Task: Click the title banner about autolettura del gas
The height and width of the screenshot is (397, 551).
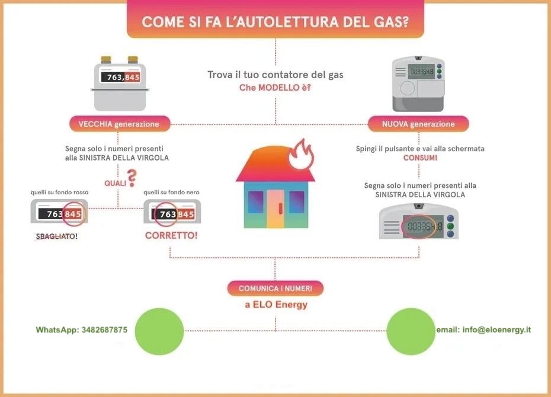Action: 275,19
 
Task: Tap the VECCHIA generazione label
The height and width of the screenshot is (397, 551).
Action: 120,124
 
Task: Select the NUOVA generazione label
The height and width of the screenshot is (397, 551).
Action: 418,124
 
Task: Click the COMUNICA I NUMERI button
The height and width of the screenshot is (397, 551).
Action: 275,289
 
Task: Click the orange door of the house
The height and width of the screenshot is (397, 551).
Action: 275,209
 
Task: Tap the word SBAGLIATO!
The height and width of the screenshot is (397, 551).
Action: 56,236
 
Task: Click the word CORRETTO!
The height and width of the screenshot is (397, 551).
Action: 171,235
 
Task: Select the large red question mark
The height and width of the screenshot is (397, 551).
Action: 132,178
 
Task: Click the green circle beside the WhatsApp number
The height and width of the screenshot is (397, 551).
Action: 159,331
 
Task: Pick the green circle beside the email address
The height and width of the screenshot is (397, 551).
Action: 411,331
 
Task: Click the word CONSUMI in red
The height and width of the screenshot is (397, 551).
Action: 420,158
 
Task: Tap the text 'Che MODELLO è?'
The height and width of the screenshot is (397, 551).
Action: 275,88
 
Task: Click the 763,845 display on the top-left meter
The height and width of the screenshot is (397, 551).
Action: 120,77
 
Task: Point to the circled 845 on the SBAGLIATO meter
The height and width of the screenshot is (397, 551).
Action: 73,213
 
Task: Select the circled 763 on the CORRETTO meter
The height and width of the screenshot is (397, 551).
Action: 165,214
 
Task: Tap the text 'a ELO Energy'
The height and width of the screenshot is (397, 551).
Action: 276,305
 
